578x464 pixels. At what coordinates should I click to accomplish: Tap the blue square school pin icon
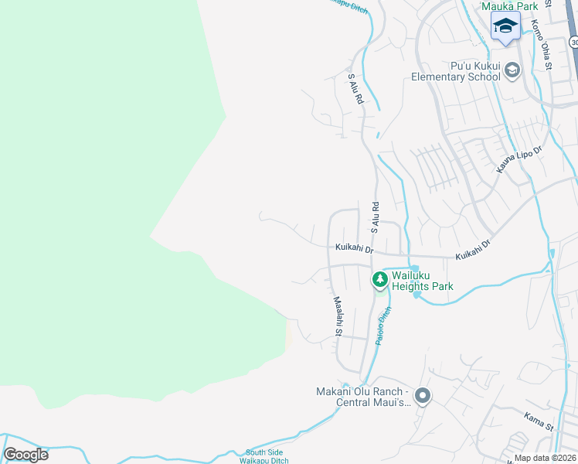point(505,27)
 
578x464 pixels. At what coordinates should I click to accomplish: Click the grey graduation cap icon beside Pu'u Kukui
point(512,72)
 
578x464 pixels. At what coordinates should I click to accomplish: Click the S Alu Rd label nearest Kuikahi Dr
point(375,218)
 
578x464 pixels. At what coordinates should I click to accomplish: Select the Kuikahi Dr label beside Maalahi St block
point(355,249)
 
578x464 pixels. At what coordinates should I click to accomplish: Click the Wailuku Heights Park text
point(421,281)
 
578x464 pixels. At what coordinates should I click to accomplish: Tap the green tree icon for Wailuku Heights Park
point(379,279)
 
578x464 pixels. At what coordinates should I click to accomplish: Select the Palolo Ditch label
point(384,325)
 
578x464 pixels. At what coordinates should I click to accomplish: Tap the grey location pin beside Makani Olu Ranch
point(422,397)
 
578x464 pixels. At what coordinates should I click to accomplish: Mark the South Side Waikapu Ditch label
point(267,456)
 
